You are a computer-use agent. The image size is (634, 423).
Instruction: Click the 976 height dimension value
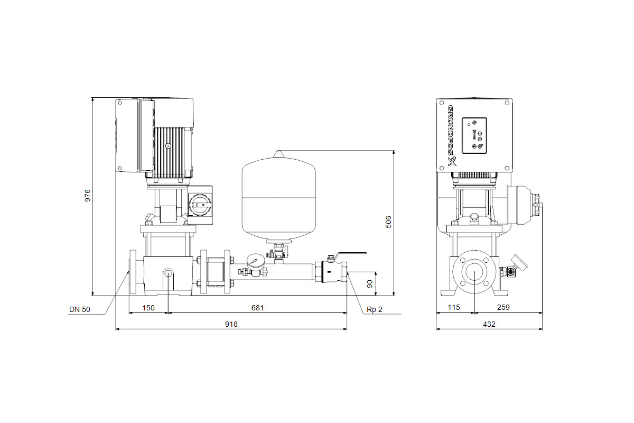point(88,196)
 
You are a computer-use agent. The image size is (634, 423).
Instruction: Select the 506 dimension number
point(389,222)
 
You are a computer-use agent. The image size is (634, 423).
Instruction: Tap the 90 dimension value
point(370,284)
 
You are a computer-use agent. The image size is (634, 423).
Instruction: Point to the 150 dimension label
point(148,308)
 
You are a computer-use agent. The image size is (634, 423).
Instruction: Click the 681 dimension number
point(257,308)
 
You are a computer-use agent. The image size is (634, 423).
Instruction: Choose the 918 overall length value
point(231,325)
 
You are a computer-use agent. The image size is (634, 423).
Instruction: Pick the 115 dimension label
point(454,307)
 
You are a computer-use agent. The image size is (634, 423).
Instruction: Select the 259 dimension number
point(503,307)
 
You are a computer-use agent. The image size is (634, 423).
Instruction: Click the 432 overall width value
point(489,325)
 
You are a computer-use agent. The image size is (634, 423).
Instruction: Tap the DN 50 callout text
point(80,310)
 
